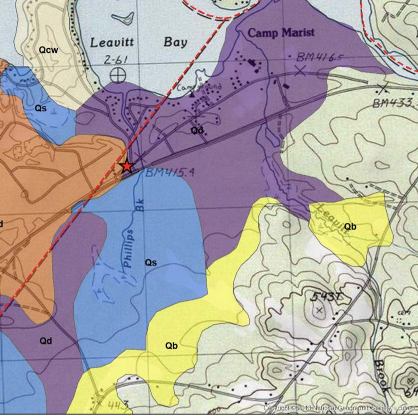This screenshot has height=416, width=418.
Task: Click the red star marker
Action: [x=127, y=166]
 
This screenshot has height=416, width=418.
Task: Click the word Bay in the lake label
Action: [x=175, y=42]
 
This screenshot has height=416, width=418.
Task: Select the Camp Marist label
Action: [x=281, y=33]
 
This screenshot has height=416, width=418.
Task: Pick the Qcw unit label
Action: [x=49, y=50]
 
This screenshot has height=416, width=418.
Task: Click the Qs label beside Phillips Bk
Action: [x=151, y=262]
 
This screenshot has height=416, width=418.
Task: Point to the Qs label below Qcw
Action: [x=41, y=108]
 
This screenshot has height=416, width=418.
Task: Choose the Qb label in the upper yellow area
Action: [x=351, y=227]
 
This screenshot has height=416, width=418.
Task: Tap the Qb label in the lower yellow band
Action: [x=172, y=345]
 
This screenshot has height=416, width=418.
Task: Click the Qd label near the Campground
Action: [x=198, y=130]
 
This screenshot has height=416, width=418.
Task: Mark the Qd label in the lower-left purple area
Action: [x=46, y=341]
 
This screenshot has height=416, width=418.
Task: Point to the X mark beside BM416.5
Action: [x=299, y=71]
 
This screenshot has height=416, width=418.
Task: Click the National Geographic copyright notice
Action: [x=339, y=409]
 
